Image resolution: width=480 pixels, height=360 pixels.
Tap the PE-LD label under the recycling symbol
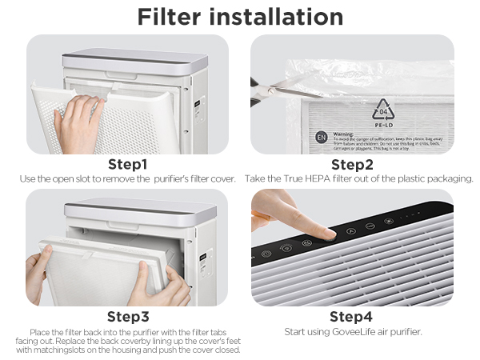click(x=382, y=126)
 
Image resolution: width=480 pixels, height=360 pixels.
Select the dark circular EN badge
click(x=321, y=137)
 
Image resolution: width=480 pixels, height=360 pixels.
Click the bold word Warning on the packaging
click(x=342, y=134)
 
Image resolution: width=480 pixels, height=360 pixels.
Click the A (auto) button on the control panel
click(x=350, y=230)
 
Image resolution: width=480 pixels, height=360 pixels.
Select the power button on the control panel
click(x=266, y=254)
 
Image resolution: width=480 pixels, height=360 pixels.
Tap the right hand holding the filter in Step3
click(x=160, y=284)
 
